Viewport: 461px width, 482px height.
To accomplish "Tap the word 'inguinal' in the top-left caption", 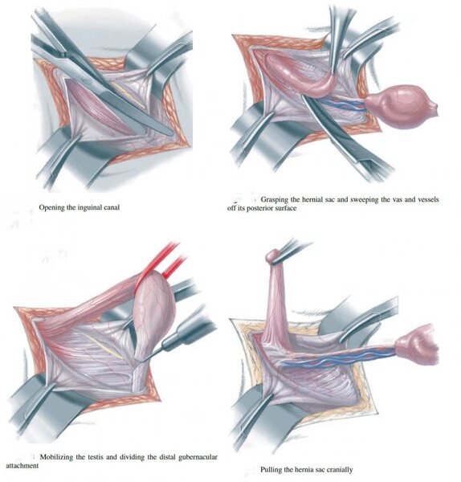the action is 89,207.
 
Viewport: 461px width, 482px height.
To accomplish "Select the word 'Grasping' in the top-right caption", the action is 274,199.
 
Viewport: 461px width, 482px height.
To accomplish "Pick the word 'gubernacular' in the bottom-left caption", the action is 198,457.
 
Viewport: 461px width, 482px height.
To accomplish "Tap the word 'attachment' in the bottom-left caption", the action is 22,466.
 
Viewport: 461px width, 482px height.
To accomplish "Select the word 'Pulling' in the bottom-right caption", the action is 271,470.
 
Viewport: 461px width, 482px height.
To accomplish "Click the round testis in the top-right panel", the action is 402,106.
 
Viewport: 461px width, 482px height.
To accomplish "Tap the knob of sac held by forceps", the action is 272,256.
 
